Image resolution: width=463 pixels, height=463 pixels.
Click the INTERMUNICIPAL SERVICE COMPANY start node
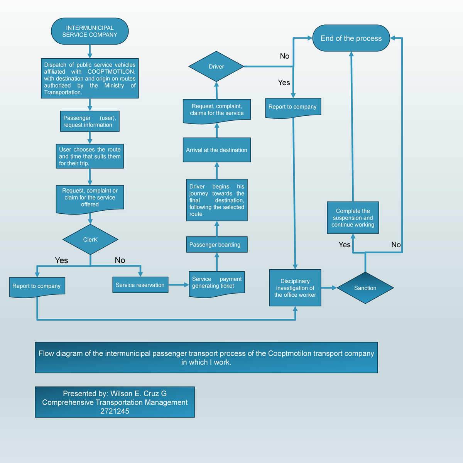tap(90, 31)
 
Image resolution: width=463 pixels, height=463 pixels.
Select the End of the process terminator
tap(351, 38)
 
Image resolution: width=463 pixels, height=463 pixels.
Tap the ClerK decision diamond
tap(90, 240)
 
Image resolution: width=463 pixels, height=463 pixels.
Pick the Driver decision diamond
tap(216, 66)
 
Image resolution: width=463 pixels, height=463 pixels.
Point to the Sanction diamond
tap(365, 288)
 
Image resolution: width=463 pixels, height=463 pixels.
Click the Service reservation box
tap(140, 285)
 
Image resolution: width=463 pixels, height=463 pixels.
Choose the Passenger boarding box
tap(216, 245)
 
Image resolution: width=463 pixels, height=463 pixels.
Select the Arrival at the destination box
tap(216, 150)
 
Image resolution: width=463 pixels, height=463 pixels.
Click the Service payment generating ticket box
tap(216, 283)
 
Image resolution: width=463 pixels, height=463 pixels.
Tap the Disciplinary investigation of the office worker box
tap(295, 288)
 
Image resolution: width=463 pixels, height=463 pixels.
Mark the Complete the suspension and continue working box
tap(353, 218)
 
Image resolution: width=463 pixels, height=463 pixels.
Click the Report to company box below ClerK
tap(37, 286)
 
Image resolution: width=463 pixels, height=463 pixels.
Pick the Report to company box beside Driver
tap(293, 107)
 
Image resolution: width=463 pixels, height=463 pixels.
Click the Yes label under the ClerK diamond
tap(61, 260)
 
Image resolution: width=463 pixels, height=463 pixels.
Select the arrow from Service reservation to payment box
tap(178, 285)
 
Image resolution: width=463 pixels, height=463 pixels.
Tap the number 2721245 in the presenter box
tap(115, 411)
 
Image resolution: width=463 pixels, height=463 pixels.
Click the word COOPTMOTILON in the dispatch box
tap(111, 72)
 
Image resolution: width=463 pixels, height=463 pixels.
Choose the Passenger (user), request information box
tap(90, 122)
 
